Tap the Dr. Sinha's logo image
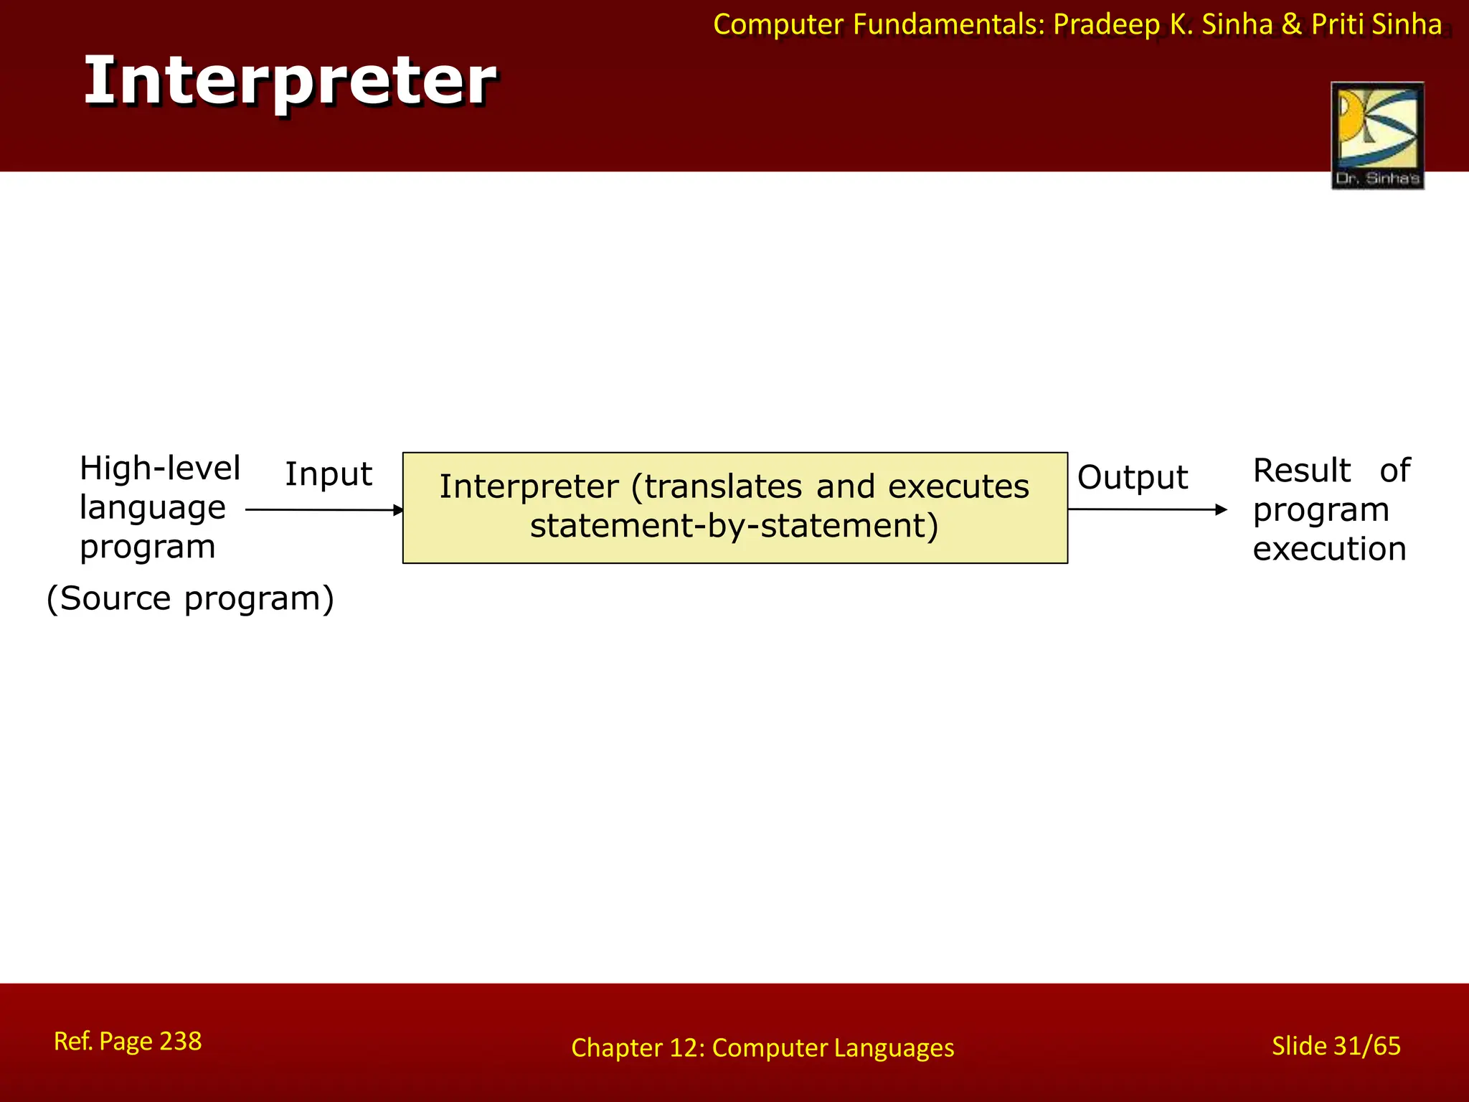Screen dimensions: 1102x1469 point(1376,135)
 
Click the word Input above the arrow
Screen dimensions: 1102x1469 point(329,474)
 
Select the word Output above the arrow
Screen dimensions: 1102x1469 point(1132,477)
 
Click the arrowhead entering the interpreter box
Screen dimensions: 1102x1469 point(399,510)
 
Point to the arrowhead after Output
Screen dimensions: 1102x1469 point(1222,509)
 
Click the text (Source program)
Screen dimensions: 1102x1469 point(190,598)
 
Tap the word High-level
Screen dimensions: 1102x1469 point(159,468)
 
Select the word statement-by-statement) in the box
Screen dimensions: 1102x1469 point(734,526)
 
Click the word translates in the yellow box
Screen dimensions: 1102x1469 point(723,486)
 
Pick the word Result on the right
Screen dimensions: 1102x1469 point(1301,471)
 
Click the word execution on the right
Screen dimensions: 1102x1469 point(1329,549)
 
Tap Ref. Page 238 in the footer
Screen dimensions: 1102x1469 point(128,1041)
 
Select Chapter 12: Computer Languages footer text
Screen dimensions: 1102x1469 point(762,1047)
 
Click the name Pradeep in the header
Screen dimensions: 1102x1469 point(1106,25)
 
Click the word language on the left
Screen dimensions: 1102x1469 point(153,508)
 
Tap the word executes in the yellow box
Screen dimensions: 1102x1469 point(958,486)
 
